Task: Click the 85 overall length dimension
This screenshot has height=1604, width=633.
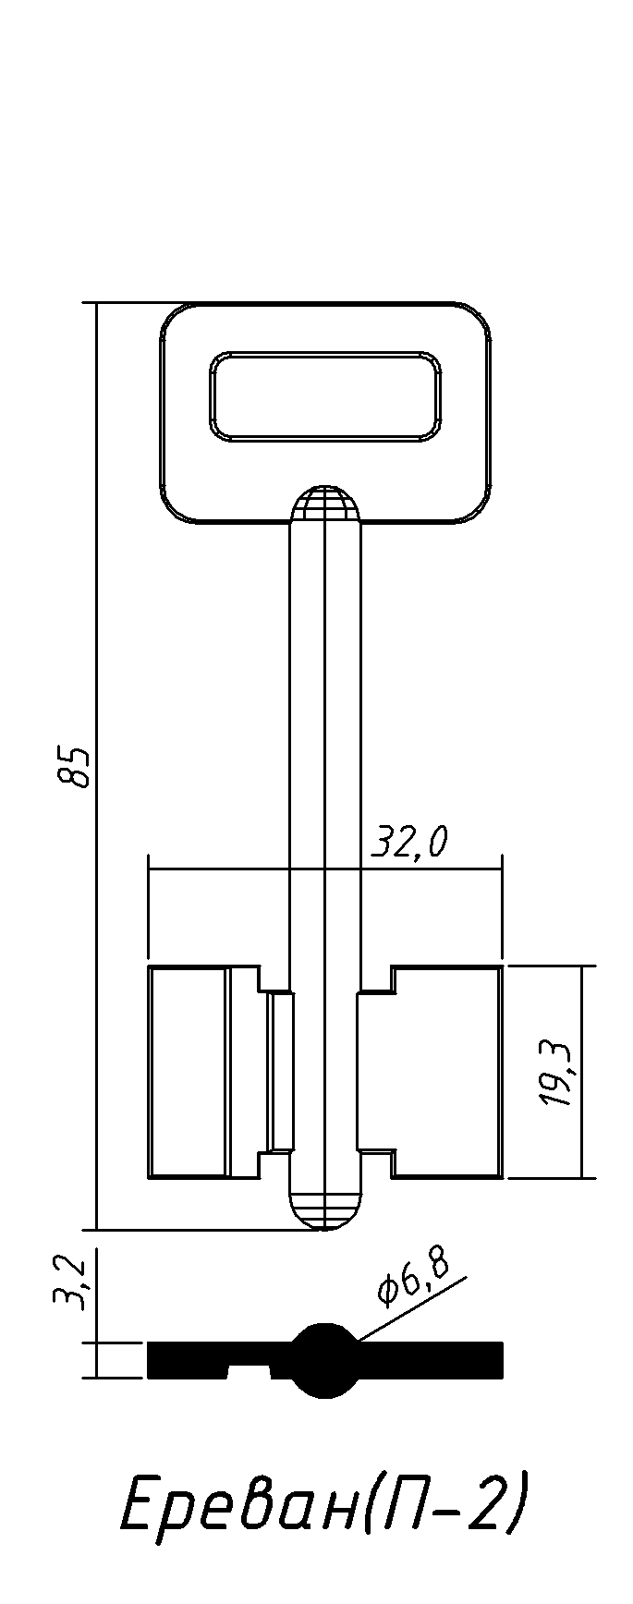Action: pyautogui.click(x=74, y=765)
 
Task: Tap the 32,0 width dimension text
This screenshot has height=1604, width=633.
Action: pyautogui.click(x=408, y=843)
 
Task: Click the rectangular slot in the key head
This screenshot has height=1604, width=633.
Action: pyautogui.click(x=326, y=395)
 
